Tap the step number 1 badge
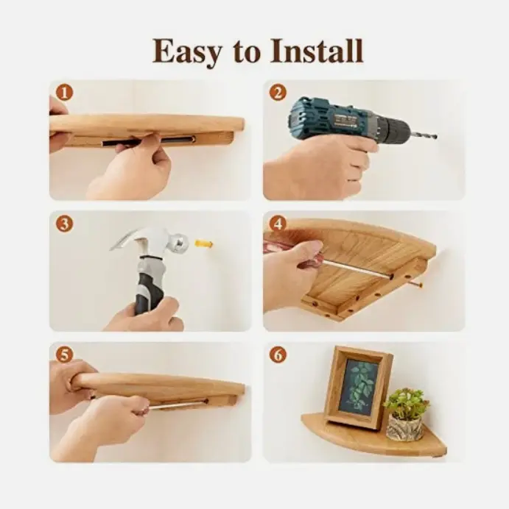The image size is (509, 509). pyautogui.click(x=64, y=93)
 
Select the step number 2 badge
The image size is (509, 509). pyautogui.click(x=278, y=93)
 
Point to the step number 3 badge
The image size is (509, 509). pyautogui.click(x=64, y=224)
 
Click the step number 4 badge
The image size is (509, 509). pyautogui.click(x=278, y=224)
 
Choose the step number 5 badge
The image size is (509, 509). pyautogui.click(x=64, y=355)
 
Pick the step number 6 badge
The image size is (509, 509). pyautogui.click(x=278, y=355)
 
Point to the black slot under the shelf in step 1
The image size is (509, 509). pyautogui.click(x=149, y=141)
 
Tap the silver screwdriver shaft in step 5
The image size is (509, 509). pyautogui.click(x=178, y=405)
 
